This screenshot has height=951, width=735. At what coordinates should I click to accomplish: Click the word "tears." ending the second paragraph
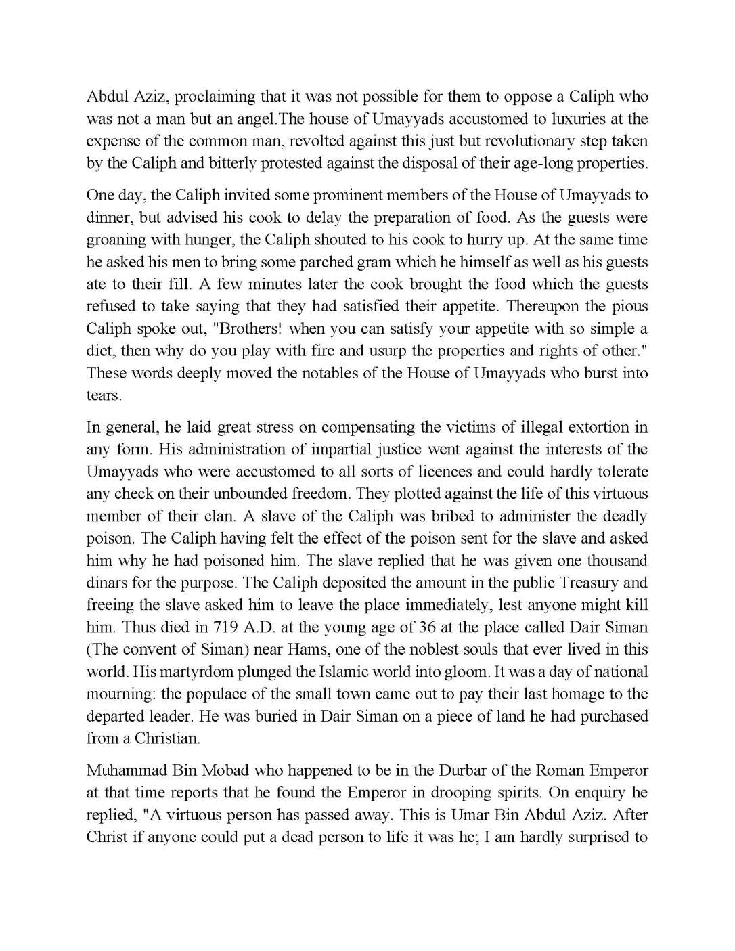click(104, 395)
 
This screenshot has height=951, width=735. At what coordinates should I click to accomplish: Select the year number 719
click(225, 627)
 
